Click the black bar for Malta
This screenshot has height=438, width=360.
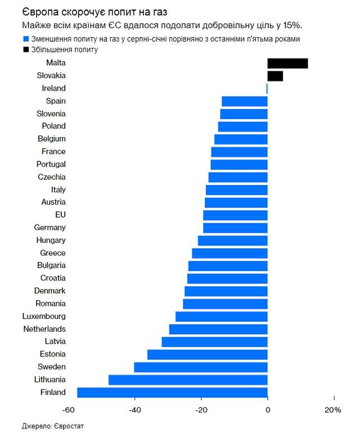(287, 63)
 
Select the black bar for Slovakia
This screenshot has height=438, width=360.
(275, 76)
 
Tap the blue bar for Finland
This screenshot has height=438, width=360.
(172, 392)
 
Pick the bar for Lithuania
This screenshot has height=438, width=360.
(188, 380)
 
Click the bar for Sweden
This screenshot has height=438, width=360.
(201, 367)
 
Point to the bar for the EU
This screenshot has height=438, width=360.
(235, 215)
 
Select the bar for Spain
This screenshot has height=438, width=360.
(244, 101)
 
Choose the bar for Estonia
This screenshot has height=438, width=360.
(208, 354)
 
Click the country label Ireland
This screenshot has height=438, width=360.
(53, 88)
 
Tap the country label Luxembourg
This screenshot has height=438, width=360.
(44, 316)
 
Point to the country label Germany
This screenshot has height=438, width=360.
(49, 227)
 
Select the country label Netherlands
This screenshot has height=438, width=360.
(44, 329)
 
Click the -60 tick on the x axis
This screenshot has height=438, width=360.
(69, 410)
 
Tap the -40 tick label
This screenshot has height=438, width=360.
(135, 410)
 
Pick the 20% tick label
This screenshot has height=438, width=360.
(332, 410)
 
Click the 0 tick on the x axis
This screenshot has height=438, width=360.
(268, 410)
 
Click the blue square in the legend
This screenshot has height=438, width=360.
(26, 39)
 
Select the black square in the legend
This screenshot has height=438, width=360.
(26, 50)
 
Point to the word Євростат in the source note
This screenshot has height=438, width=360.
(74, 426)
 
